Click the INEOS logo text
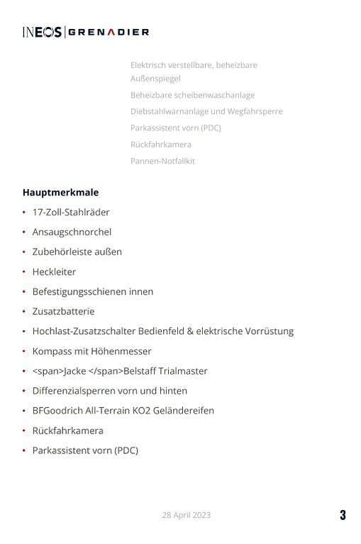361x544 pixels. (42, 32)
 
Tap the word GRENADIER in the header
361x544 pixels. (109, 32)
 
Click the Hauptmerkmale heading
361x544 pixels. (60, 192)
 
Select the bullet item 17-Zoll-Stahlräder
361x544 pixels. (71, 212)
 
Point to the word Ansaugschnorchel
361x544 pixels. (72, 232)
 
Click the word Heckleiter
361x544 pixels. (54, 271)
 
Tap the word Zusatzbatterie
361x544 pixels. (63, 311)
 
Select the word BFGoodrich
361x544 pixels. (57, 410)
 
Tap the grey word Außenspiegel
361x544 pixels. (155, 79)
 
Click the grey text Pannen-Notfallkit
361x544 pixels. (162, 161)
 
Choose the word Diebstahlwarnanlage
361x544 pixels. (170, 111)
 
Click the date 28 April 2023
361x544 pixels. (186, 515)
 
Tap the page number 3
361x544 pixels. (343, 515)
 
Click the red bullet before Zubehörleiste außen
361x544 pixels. (24, 251)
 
